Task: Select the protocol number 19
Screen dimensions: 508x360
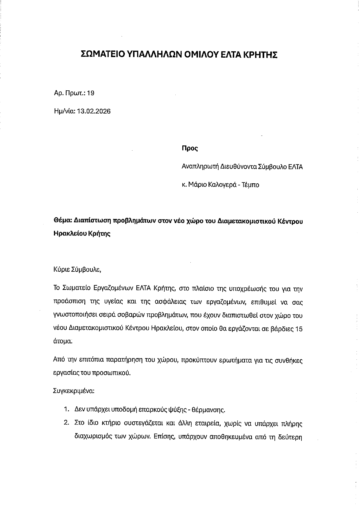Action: click(91, 93)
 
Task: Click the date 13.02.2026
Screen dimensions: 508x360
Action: click(94, 111)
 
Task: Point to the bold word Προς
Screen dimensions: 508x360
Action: click(190, 149)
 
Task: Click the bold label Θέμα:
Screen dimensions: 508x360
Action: click(63, 221)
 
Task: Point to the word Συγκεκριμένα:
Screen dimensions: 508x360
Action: click(74, 391)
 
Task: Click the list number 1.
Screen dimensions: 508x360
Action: click(66, 410)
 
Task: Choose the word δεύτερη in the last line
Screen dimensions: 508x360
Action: click(291, 437)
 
